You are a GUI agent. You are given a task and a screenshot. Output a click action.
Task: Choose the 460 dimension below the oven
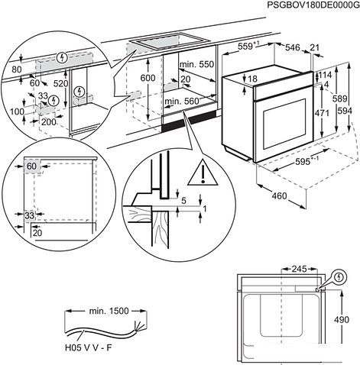[x=281, y=197]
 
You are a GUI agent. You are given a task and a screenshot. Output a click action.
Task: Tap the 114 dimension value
[x=326, y=75]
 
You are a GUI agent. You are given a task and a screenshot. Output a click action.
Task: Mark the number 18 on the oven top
[x=252, y=79]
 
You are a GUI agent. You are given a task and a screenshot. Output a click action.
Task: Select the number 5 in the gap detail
[x=184, y=201]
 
